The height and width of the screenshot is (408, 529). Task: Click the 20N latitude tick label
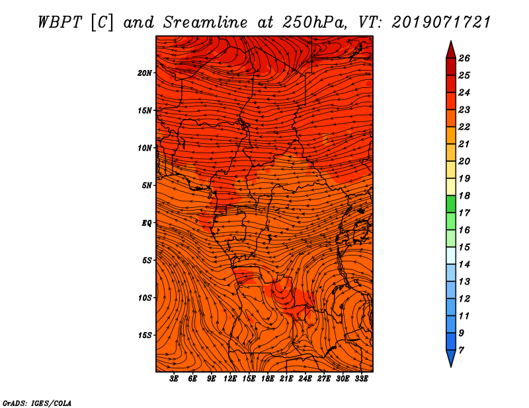pos(144,73)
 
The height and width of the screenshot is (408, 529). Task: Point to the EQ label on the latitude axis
pos(146,223)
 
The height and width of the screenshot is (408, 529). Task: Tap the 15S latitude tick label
pos(144,335)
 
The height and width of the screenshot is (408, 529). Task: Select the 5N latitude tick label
pos(146,186)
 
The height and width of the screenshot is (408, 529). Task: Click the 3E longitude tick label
pos(174,379)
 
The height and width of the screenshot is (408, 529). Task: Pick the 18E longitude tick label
pos(267,379)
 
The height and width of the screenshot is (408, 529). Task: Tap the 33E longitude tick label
pos(361,379)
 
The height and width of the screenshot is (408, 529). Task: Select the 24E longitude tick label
pos(305,379)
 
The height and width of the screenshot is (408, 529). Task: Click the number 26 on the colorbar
pos(464,58)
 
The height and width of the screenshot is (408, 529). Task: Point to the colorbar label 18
pos(464,195)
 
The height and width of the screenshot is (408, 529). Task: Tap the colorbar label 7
pos(461,351)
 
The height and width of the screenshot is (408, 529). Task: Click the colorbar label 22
pos(464,127)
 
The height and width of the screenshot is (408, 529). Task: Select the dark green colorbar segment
pos(451,204)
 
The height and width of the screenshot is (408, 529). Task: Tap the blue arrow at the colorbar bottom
pos(451,357)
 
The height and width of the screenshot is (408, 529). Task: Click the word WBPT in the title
pos(60,22)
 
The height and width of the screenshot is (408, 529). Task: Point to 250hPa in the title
pos(315,22)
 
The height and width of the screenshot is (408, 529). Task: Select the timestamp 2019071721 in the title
pos(441,22)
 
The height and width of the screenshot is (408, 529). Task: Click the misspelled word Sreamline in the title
pos(206,22)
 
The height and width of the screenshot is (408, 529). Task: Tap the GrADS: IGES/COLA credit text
pos(37,403)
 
